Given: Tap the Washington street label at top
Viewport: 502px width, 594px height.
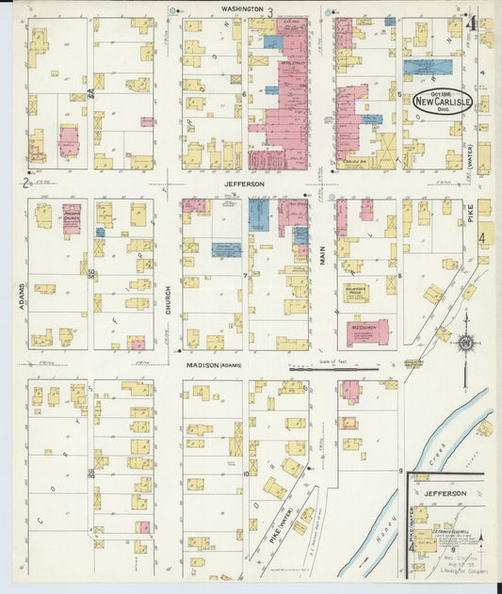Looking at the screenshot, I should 242,8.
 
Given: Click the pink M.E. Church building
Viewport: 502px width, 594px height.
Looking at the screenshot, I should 365,331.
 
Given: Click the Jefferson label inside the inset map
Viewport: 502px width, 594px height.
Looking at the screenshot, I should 445,493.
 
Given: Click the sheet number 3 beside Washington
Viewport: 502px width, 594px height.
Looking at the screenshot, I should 270,12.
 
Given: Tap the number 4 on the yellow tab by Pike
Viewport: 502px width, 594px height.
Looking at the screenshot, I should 484,236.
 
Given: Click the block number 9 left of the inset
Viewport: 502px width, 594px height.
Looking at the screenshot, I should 400,470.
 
